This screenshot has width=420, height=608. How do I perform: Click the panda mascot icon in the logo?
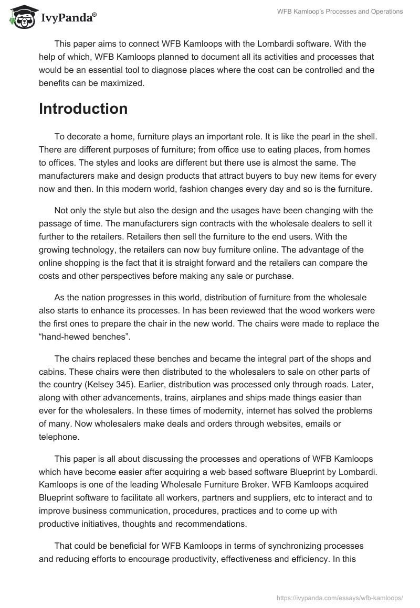[x=22, y=17]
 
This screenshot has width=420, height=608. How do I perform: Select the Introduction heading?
[x=83, y=108]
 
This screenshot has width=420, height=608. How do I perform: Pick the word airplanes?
[x=199, y=397]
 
